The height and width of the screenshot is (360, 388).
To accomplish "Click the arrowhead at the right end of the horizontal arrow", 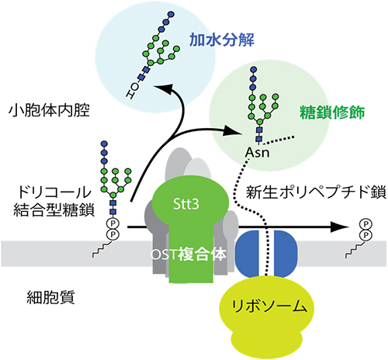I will pyautogui.click(x=339, y=227).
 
